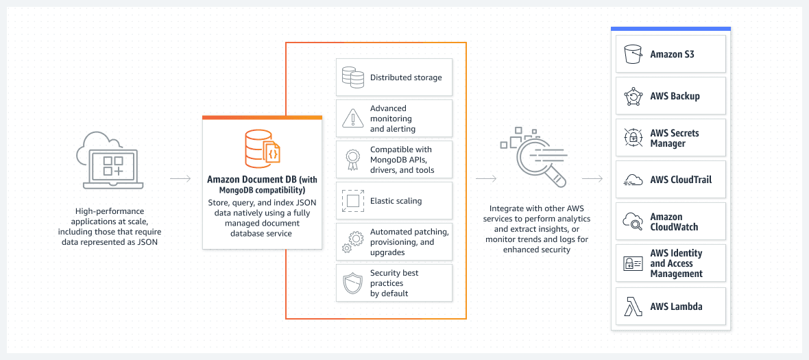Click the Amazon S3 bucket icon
click(x=633, y=53)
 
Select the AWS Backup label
click(x=675, y=96)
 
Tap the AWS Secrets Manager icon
click(x=633, y=138)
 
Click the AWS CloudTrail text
click(x=681, y=180)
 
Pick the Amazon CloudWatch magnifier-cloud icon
click(x=633, y=221)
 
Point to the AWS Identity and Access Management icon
click(x=633, y=263)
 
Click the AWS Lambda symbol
click(x=633, y=307)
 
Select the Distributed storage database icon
click(x=353, y=77)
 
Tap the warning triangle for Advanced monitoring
click(x=353, y=119)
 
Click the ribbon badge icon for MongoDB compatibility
click(x=353, y=159)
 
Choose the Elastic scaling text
click(x=396, y=201)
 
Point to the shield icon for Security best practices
click(x=353, y=283)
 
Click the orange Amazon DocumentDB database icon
click(x=263, y=149)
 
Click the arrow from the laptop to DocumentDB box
click(x=180, y=179)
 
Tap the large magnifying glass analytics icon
click(x=534, y=157)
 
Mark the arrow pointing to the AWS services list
click(x=592, y=179)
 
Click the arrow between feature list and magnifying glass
click(x=486, y=179)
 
